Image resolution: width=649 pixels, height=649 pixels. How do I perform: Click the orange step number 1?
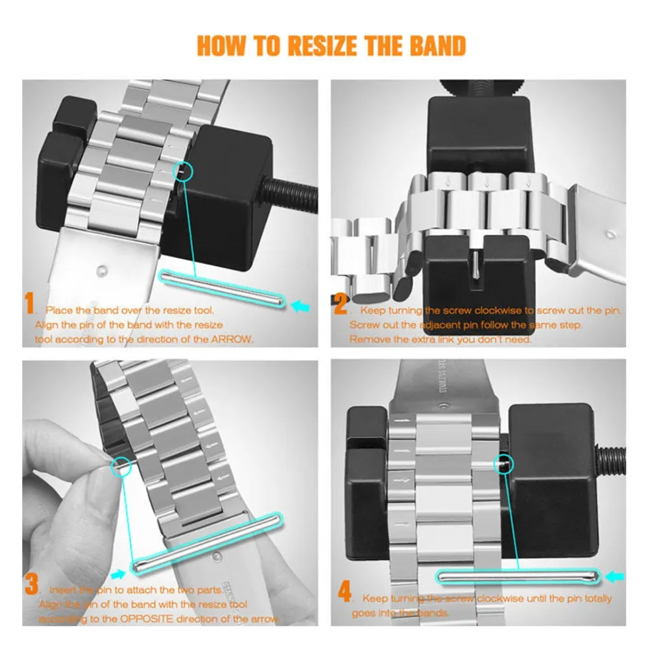click(30, 304)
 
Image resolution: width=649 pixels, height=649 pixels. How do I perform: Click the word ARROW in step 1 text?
click(232, 339)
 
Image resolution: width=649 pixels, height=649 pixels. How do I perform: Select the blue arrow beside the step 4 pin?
click(615, 575)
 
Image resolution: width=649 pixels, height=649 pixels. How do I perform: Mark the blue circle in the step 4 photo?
click(504, 463)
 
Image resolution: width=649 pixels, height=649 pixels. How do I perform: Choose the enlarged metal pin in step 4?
click(520, 575)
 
